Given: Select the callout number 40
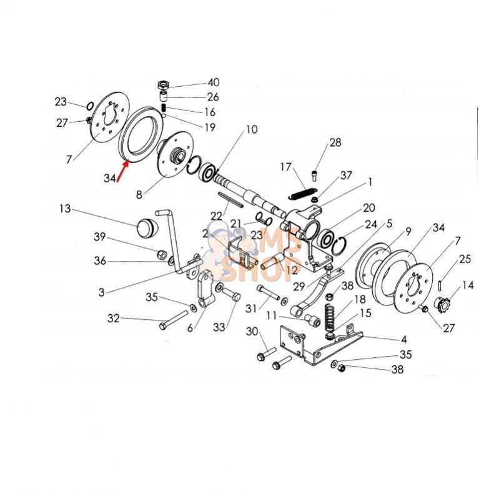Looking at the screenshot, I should [x=214, y=82].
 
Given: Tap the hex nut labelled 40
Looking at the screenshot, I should [x=163, y=84].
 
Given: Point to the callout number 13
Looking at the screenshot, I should [x=65, y=208].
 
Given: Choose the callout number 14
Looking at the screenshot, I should [x=468, y=285].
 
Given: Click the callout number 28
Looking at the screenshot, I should [x=335, y=142].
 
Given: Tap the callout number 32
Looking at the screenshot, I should [x=113, y=318].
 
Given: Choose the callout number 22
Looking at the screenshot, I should [x=217, y=215].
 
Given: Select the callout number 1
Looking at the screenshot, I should [x=370, y=182].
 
